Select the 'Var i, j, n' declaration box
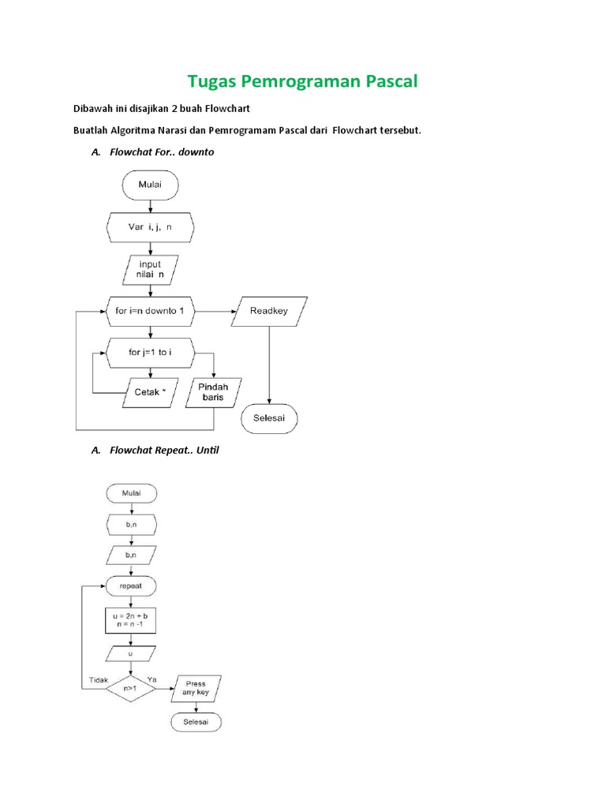150,227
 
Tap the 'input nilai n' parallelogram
150,269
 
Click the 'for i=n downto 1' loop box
150,311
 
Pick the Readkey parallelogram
269,311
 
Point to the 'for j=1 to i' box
150,353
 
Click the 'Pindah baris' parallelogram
215,392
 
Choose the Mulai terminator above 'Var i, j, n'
150,186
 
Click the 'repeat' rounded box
131,587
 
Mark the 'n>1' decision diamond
131,688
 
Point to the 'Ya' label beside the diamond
152,678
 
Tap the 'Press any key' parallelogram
196,688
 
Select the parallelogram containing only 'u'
131,653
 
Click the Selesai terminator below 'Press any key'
196,722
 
